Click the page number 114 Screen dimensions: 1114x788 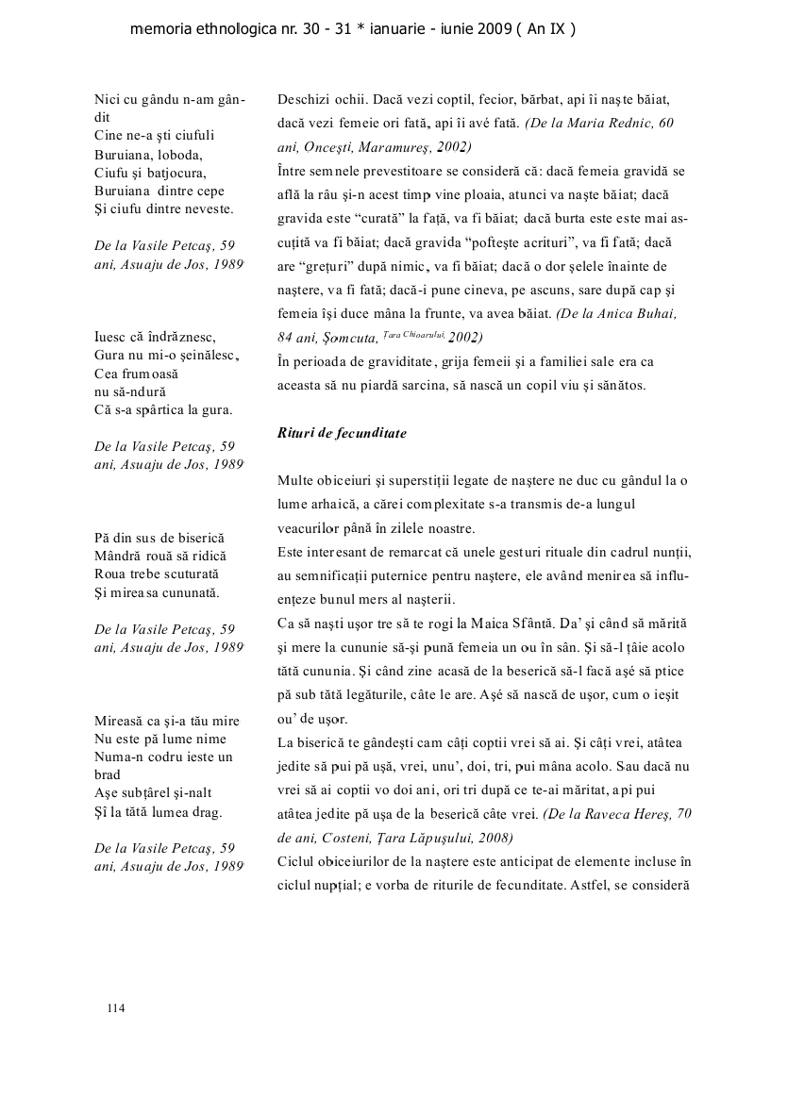coord(116,1008)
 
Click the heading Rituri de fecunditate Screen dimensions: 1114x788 coord(342,433)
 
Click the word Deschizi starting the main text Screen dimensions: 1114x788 coord(303,99)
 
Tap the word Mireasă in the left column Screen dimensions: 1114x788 coord(120,722)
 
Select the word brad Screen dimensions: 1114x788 coord(109,773)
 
